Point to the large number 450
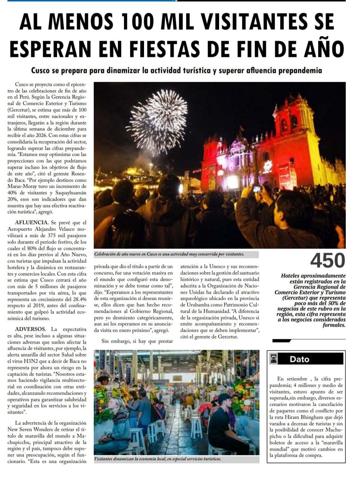tap(327, 261)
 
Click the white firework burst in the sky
tap(158, 121)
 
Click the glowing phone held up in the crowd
tap(257, 188)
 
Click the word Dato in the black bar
tap(299, 359)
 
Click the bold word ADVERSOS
tap(30, 329)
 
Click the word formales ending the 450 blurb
tap(334, 325)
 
